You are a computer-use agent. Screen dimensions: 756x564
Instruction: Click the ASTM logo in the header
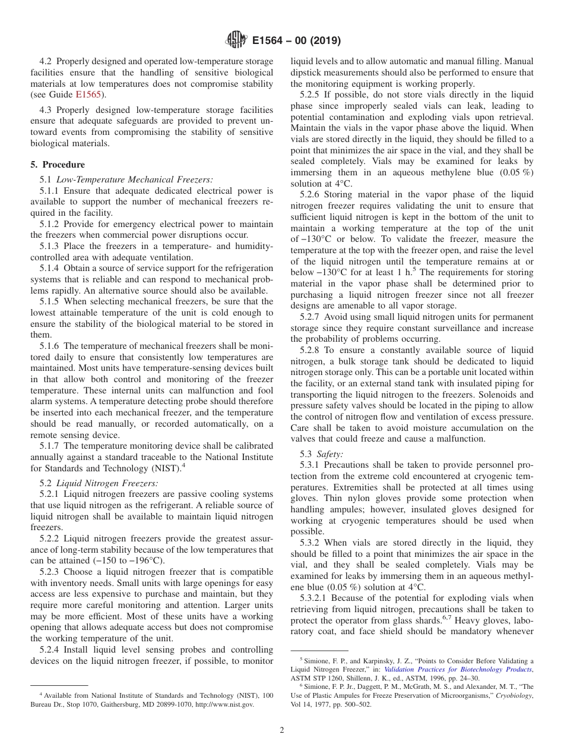[x=236, y=40]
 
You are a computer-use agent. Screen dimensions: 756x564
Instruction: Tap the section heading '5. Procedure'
[x=58, y=165]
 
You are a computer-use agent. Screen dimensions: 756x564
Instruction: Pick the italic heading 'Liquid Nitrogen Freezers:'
[x=107, y=483]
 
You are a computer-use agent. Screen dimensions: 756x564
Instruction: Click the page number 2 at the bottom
[x=282, y=730]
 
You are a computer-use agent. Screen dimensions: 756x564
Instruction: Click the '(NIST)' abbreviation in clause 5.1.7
[x=169, y=468]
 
